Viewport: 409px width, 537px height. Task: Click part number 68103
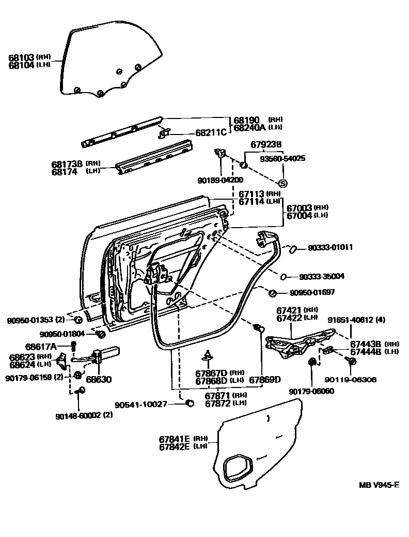[21, 57]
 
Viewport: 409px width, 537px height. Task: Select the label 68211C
[211, 132]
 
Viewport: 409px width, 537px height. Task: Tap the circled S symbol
[282, 184]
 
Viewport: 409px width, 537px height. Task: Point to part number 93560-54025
[284, 158]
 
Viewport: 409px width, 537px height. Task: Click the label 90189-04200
[219, 181]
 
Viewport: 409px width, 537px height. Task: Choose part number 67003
[299, 207]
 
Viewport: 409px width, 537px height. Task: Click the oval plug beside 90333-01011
[291, 249]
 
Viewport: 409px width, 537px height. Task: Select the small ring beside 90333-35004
[284, 276]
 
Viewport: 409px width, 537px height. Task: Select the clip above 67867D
[208, 355]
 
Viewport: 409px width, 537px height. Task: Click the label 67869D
[265, 380]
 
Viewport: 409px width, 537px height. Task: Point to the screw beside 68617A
[73, 345]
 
